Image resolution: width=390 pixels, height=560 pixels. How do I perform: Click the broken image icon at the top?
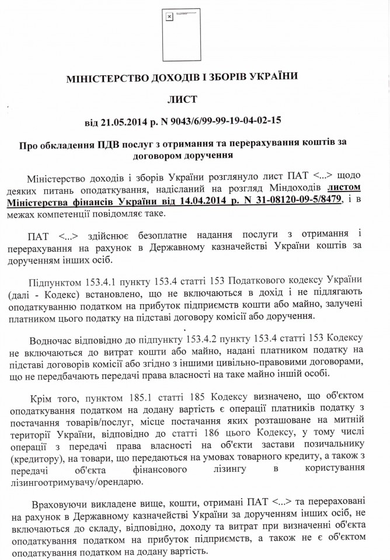(x=170, y=18)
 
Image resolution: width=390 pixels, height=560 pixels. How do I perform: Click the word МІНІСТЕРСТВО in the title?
(x=105, y=76)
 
